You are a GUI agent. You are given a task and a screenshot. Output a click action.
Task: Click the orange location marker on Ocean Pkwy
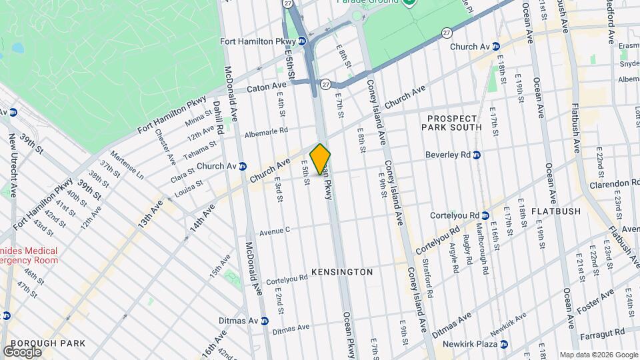click(320, 159)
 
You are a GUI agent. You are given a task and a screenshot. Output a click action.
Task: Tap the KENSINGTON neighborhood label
click(342, 272)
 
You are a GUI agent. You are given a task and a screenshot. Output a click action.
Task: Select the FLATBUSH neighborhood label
click(557, 211)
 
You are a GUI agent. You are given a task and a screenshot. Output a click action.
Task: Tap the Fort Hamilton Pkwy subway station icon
click(302, 41)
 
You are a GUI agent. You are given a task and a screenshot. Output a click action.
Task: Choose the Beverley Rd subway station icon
click(477, 155)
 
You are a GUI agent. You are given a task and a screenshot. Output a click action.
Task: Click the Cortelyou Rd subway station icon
click(485, 215)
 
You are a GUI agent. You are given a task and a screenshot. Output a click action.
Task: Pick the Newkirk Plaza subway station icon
click(504, 344)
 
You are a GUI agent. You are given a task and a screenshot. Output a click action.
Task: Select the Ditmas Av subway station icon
click(264, 320)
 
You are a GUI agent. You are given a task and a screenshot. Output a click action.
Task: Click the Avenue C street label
click(275, 231)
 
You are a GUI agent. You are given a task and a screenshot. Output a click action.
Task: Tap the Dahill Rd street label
click(217, 114)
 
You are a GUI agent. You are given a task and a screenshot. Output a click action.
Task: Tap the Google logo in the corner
click(22, 351)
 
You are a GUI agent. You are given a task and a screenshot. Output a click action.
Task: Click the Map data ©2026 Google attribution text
click(598, 355)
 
